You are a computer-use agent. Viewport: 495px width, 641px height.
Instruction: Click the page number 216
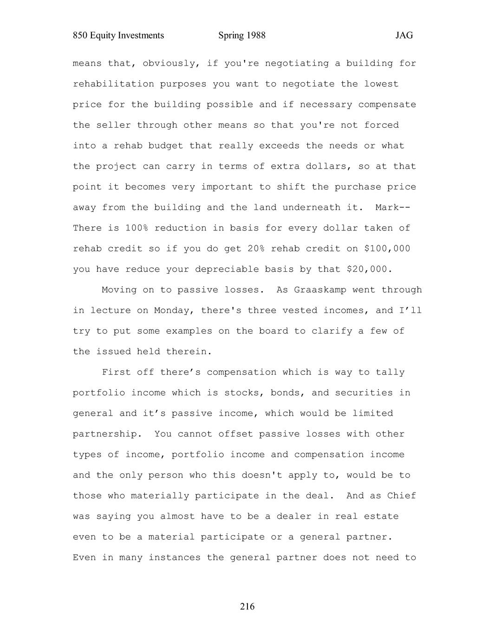click(247, 606)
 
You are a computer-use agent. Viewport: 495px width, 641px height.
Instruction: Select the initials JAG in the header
click(404, 35)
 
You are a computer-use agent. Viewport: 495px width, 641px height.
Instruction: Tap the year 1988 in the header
click(256, 35)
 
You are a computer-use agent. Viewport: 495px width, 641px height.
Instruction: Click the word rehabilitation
click(113, 84)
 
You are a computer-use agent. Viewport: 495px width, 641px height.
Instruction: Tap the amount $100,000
click(387, 249)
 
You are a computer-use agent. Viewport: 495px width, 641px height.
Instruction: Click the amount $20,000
click(370, 269)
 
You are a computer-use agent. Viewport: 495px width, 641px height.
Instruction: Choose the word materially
click(160, 496)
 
